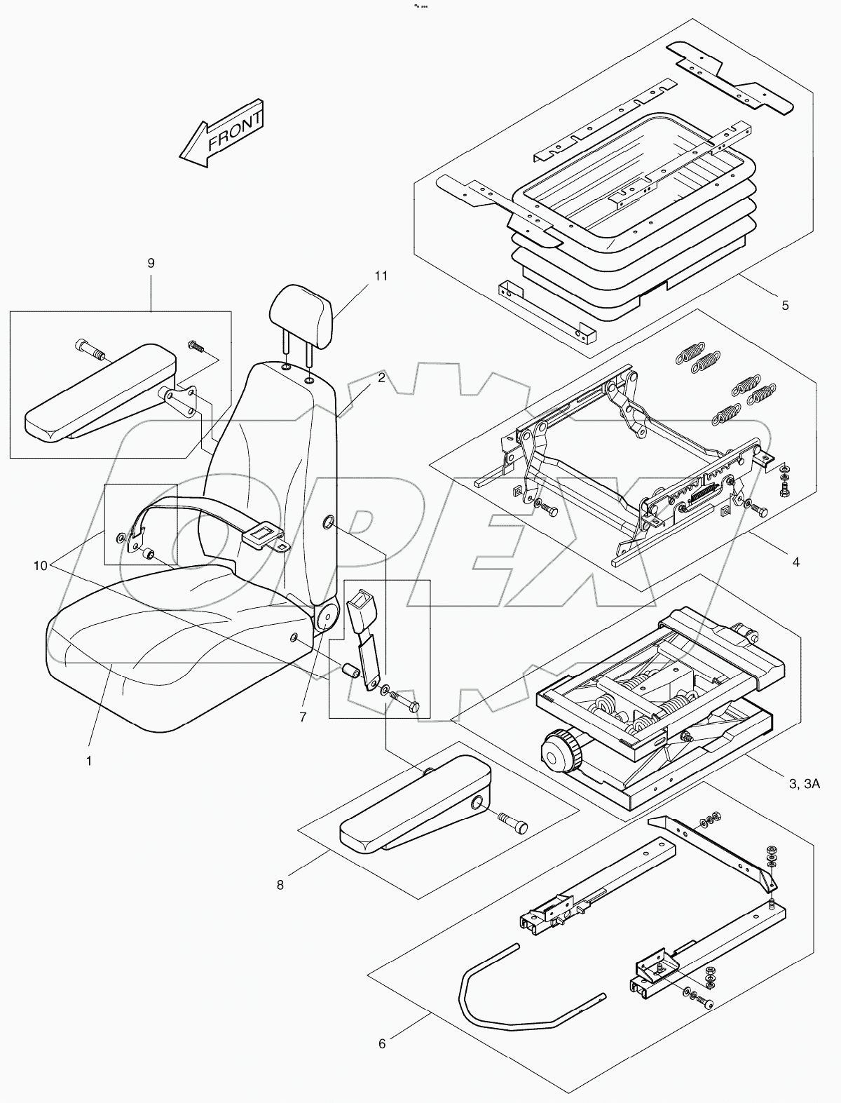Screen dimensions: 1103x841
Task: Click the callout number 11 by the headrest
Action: pyautogui.click(x=380, y=276)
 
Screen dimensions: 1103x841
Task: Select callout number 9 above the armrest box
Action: pyautogui.click(x=151, y=263)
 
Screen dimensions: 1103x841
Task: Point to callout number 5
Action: pyautogui.click(x=785, y=305)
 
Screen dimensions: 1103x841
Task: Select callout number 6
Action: pyautogui.click(x=382, y=1064)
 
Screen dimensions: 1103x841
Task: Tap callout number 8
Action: pyautogui.click(x=280, y=885)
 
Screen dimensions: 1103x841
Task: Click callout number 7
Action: pyautogui.click(x=303, y=717)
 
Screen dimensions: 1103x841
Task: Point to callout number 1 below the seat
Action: pyautogui.click(x=89, y=760)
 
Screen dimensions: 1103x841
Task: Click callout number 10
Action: pyautogui.click(x=41, y=565)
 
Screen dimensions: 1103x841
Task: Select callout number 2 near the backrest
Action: pyautogui.click(x=381, y=378)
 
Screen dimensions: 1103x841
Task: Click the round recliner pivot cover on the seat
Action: pyautogui.click(x=326, y=618)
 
